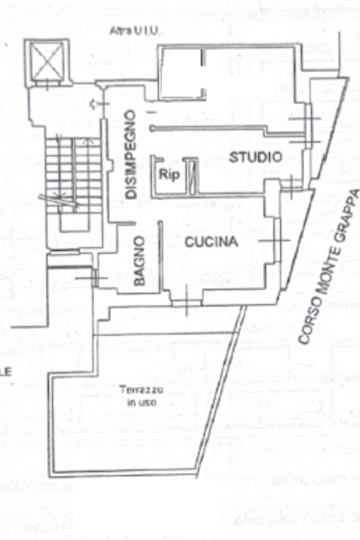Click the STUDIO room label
coord(256,156)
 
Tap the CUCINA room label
coord(211,242)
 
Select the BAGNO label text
coord(139,261)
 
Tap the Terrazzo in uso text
coord(141,396)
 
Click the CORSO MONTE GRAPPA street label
coord(329,266)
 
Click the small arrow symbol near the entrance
coord(94,104)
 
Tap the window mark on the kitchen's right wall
coord(274,240)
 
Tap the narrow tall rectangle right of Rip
coord(192,175)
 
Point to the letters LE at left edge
coord(6,372)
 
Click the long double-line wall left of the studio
coord(208,127)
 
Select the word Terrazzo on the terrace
coord(141,390)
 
